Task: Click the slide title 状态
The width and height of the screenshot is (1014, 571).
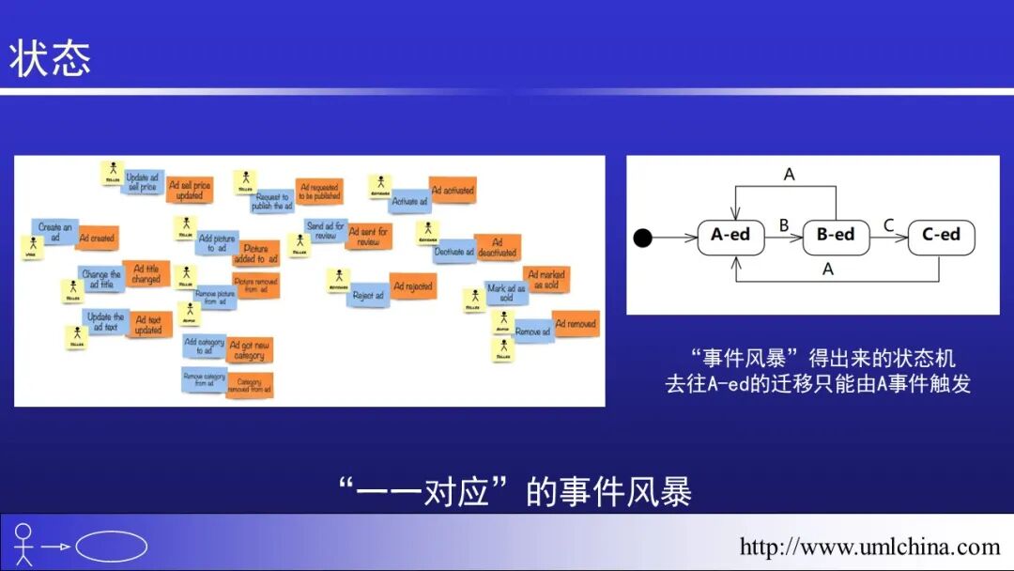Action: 51,58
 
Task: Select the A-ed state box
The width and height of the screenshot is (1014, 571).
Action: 730,235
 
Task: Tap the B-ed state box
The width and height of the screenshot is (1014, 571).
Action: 836,235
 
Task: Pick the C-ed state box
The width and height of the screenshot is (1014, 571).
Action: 941,235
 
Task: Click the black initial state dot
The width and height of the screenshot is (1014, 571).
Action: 642,238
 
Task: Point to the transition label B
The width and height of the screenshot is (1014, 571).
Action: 784,224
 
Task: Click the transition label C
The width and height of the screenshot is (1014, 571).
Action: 888,224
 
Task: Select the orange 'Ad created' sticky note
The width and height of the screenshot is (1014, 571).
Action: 97,239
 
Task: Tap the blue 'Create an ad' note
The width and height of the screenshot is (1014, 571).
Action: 54,232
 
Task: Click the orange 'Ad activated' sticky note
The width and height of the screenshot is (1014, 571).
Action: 453,191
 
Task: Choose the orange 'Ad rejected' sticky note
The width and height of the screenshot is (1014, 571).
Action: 413,286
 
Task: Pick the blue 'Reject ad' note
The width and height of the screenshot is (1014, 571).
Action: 368,295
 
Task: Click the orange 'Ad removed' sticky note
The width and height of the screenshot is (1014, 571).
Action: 575,324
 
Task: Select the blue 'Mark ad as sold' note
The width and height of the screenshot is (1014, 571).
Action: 506,292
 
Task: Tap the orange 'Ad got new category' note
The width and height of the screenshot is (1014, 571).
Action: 249,350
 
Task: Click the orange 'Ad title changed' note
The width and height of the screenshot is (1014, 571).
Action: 146,273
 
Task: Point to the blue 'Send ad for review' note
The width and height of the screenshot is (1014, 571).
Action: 326,231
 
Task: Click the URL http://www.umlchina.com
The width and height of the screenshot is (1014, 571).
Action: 869,547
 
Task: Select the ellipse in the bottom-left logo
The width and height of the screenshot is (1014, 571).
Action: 111,547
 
